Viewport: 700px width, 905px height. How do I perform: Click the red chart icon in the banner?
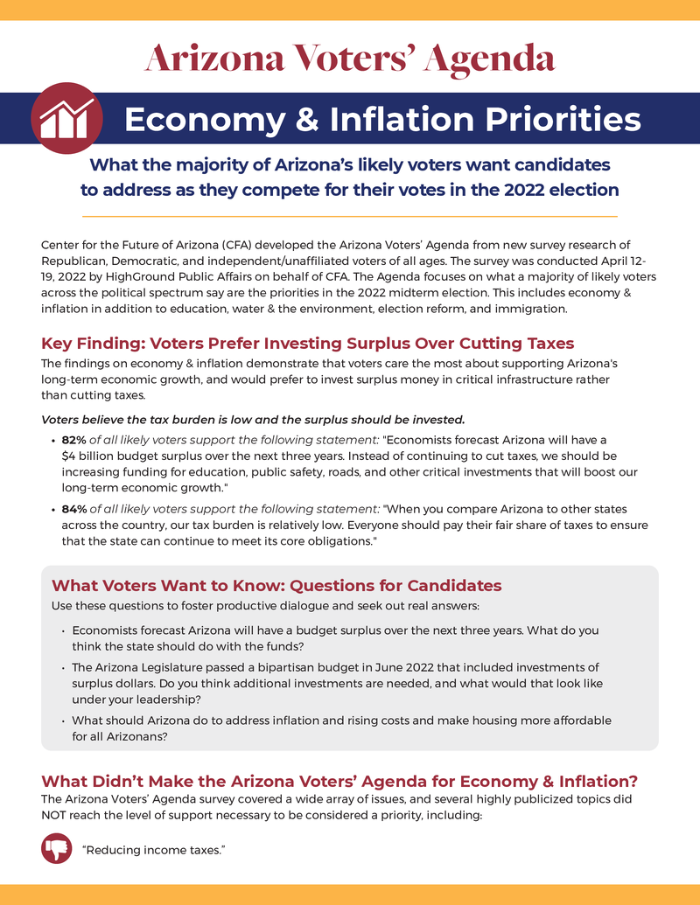click(66, 118)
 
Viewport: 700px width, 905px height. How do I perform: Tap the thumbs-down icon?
click(57, 848)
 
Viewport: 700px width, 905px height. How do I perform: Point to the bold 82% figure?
click(74, 439)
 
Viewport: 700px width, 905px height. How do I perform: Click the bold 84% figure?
click(74, 509)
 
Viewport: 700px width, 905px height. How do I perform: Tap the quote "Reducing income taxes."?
click(154, 850)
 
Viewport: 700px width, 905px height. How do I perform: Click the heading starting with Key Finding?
click(307, 344)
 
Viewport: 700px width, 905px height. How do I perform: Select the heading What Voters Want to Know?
click(276, 585)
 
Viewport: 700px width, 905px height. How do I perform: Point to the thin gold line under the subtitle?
click(349, 216)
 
